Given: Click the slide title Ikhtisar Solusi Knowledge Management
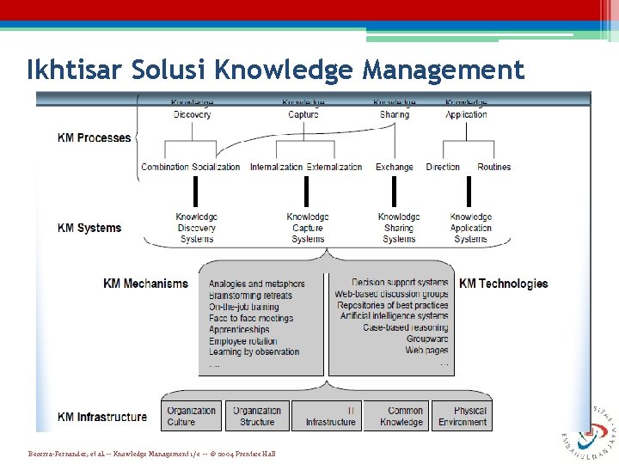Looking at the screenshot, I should [275, 69].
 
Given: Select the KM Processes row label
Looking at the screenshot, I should [94, 137].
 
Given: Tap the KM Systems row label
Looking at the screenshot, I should [89, 228].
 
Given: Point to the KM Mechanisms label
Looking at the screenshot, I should [145, 284].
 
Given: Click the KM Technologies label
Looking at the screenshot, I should [503, 284].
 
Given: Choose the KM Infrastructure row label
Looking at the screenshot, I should [101, 417].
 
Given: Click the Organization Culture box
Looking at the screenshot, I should [192, 416].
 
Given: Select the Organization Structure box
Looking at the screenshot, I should [257, 416].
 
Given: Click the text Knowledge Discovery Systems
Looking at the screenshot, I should [196, 228].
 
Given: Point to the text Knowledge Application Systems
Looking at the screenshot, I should [470, 228].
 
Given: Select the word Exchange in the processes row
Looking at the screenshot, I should [394, 167].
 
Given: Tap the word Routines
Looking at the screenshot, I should [493, 167].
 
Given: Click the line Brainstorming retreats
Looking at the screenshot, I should [250, 296].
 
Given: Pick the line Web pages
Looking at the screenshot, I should [426, 351].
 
